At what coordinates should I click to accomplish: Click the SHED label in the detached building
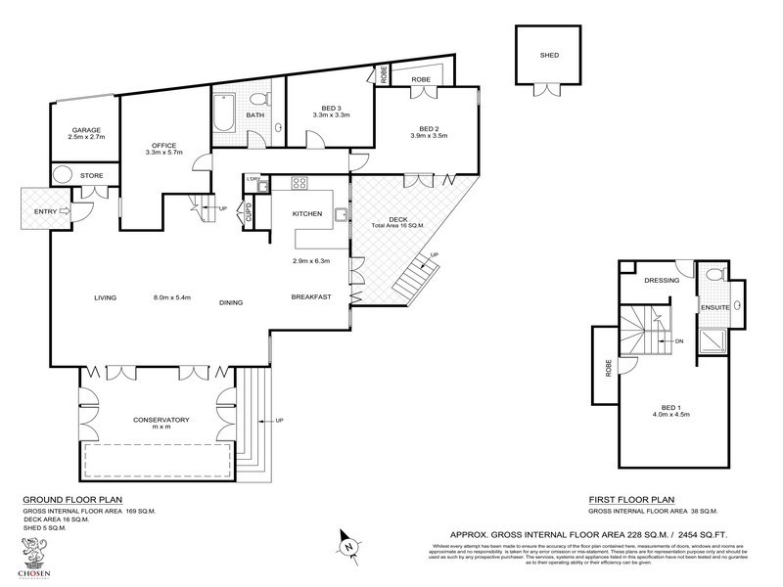pyautogui.click(x=549, y=56)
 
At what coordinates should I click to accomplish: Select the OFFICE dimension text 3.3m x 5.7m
pyautogui.click(x=164, y=154)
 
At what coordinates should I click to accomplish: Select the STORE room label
pyautogui.click(x=92, y=176)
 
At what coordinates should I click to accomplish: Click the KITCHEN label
pyautogui.click(x=307, y=213)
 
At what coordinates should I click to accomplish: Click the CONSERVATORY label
pyautogui.click(x=161, y=420)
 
